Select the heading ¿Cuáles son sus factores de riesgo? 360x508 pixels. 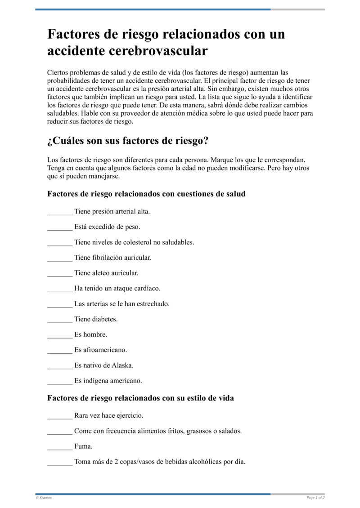coord(128,141)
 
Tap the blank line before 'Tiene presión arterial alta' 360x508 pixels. coord(59,212)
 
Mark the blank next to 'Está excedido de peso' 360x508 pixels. coord(59,227)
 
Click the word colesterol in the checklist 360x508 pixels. coord(137,242)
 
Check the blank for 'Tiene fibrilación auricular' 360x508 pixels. coord(59,258)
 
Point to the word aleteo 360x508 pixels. coord(102,273)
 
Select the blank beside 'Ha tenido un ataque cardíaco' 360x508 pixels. coord(59,289)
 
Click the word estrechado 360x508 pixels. coord(153,304)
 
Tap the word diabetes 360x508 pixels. coord(105,319)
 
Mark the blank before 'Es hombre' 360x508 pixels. coord(59,335)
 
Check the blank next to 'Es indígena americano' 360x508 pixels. coord(59,381)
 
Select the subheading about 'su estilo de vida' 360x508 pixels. coord(140,398)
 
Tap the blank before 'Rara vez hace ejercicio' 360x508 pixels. coord(59,416)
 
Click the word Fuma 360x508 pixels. coord(83,446)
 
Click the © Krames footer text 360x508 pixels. coord(44,498)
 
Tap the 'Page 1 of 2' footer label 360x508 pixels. coord(315,498)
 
